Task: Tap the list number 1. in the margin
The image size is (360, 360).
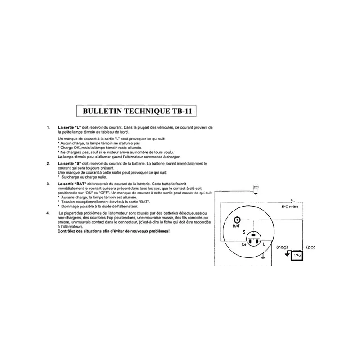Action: coord(48,128)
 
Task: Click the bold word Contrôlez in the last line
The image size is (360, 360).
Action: coord(68,231)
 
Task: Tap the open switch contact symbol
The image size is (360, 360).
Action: coord(293,201)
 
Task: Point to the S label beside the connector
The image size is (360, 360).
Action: coord(244,232)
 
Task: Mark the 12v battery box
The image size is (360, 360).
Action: coord(297,255)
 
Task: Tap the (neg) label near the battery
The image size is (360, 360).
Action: coord(282,247)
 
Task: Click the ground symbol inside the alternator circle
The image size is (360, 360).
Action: coord(265,257)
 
